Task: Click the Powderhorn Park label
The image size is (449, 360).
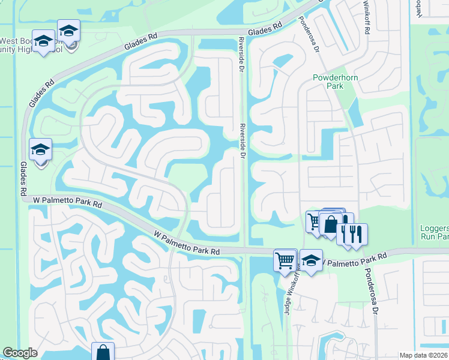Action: (328, 82)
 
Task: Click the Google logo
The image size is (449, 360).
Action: (20, 353)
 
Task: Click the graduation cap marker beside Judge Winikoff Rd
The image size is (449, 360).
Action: (311, 260)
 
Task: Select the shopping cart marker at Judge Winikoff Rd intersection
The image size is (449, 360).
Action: (285, 260)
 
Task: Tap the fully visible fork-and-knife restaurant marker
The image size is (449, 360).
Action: (355, 234)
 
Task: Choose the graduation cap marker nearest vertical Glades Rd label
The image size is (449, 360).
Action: (40, 150)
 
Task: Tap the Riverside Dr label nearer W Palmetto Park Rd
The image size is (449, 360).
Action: (243, 142)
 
